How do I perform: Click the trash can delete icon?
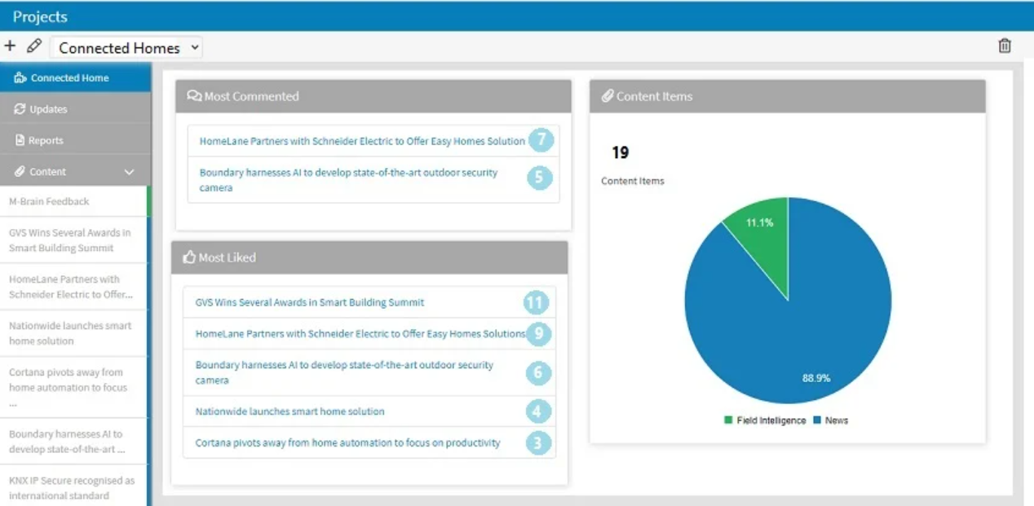coord(1005,46)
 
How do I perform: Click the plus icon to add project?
coord(10,46)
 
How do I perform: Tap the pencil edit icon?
coord(33,46)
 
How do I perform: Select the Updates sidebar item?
coord(48,109)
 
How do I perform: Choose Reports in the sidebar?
coord(46,140)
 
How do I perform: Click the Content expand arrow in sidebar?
coord(129,172)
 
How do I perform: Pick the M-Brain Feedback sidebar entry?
coord(49,201)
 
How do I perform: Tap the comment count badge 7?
coord(540,140)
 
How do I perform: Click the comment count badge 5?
coord(540,178)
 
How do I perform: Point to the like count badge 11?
coord(535,303)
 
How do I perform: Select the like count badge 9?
coord(538,333)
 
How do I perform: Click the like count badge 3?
coord(537,443)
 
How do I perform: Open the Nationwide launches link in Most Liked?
coord(289,411)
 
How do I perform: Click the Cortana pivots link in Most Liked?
coord(347,442)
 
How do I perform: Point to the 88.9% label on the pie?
coord(815,378)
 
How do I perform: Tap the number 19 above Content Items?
coord(620,152)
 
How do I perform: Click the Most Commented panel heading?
coord(251,96)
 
